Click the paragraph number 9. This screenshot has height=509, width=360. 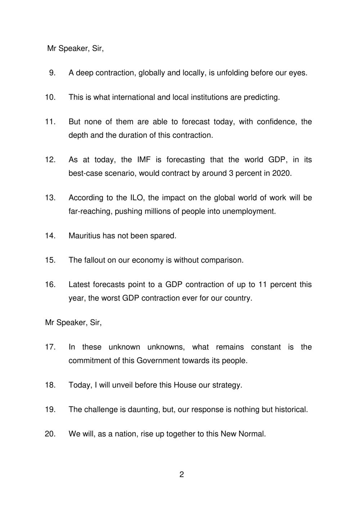point(52,73)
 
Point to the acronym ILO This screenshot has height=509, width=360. point(132,198)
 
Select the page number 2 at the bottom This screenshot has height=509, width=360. point(181,474)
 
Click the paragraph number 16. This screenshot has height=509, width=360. point(50,284)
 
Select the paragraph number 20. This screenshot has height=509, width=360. point(50,434)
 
